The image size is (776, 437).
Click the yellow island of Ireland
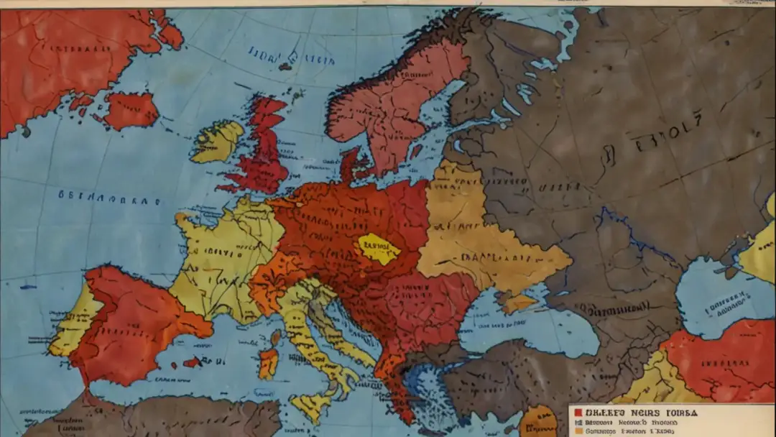click(x=218, y=141)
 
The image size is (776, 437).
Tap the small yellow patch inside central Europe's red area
click(x=379, y=249)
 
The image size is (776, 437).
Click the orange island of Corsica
click(x=268, y=363)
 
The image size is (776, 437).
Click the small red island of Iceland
click(x=131, y=110)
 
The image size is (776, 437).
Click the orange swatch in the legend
click(x=578, y=431)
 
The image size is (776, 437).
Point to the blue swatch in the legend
click(x=578, y=423)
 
